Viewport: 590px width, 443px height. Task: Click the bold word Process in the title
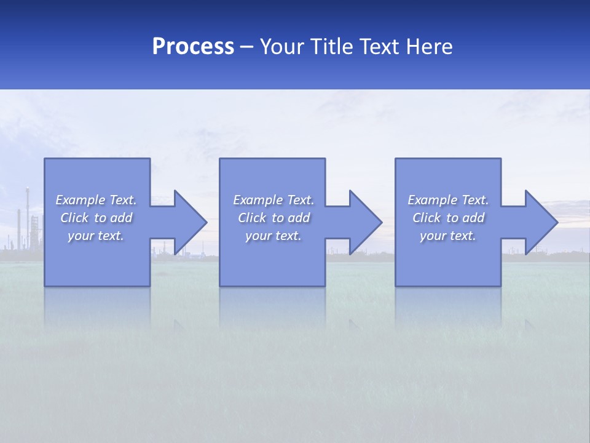point(193,47)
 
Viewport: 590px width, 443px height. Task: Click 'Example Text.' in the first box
point(96,200)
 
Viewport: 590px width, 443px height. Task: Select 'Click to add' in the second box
point(273,218)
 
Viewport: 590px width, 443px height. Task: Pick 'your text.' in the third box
point(448,236)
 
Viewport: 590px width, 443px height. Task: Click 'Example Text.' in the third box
point(448,200)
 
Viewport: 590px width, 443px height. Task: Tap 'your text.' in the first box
point(96,236)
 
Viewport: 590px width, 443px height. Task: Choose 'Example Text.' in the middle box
point(273,200)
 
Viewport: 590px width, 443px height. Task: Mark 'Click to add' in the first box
point(96,218)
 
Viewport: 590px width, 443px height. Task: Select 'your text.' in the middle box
point(273,236)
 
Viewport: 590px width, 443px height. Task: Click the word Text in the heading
point(379,47)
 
